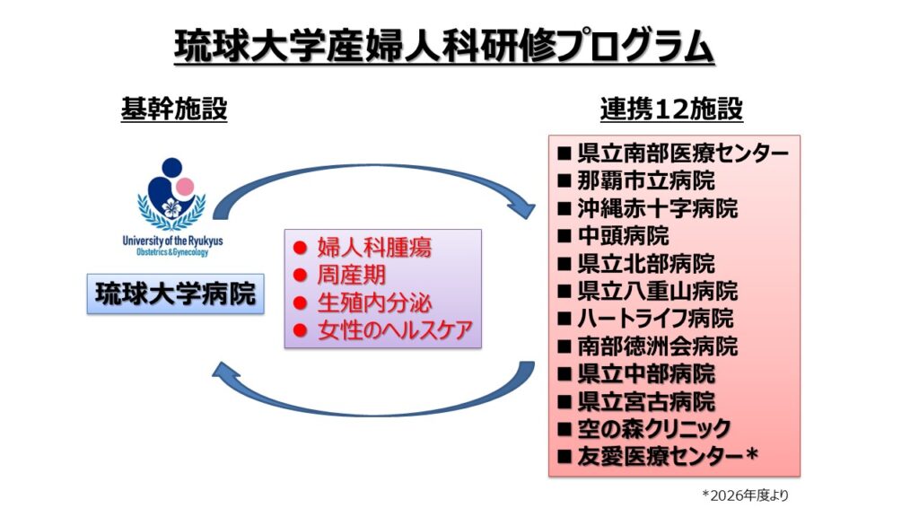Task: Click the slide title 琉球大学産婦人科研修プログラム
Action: tap(444, 46)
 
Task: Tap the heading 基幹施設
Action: tap(174, 109)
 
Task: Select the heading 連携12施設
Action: tap(671, 109)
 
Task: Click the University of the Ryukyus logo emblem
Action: tap(171, 195)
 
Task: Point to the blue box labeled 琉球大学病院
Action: tap(175, 294)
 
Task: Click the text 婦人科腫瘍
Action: tap(374, 248)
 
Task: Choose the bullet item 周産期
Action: tap(352, 275)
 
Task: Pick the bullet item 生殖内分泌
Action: tap(374, 303)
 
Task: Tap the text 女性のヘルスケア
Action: tap(395, 330)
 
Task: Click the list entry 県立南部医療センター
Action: tap(683, 153)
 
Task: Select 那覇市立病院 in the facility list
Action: tap(646, 180)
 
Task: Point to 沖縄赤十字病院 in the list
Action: tap(658, 208)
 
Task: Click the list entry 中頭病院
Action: tap(623, 236)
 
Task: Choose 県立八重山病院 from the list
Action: tap(658, 291)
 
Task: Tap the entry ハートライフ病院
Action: tap(655, 319)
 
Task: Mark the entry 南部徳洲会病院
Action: tap(658, 346)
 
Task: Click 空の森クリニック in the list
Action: tap(654, 429)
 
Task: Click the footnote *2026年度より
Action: tap(745, 495)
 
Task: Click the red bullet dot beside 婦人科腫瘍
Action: tap(300, 248)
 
